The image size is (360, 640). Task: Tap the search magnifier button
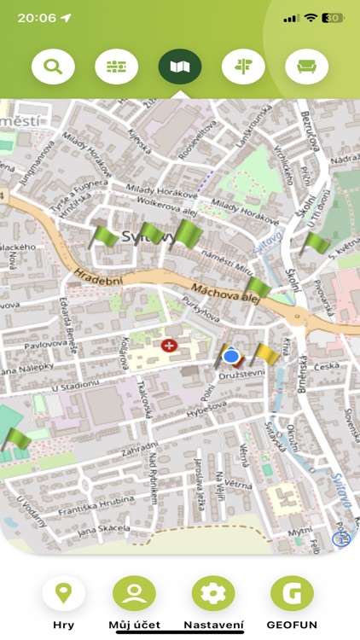[x=53, y=67]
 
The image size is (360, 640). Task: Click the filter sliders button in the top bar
[x=116, y=67]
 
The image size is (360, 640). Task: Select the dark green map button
[x=180, y=67]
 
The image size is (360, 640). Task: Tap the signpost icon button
[x=243, y=67]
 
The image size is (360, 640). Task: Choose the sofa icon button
[x=306, y=67]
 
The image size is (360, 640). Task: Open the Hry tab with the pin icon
[x=63, y=594]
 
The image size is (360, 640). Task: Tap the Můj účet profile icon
[x=134, y=594]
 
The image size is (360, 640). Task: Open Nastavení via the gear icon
[x=212, y=594]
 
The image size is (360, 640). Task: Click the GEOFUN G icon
[x=292, y=594]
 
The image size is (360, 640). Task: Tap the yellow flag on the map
[x=265, y=353]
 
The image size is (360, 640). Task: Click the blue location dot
[x=230, y=355]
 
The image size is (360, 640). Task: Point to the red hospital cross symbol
[x=169, y=346]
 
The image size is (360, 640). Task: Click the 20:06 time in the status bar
[x=36, y=17]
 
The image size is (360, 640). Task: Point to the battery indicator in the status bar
[x=333, y=17]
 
